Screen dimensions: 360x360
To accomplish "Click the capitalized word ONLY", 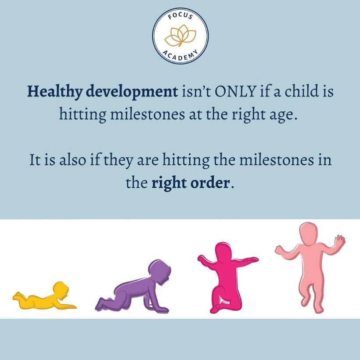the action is (234, 91).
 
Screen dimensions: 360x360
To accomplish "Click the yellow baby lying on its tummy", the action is (44, 296).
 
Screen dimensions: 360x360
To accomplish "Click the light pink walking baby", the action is (310, 267).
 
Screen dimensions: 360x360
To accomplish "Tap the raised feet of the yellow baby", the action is (18, 296).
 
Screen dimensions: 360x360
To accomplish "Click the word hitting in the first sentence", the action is (82, 114).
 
